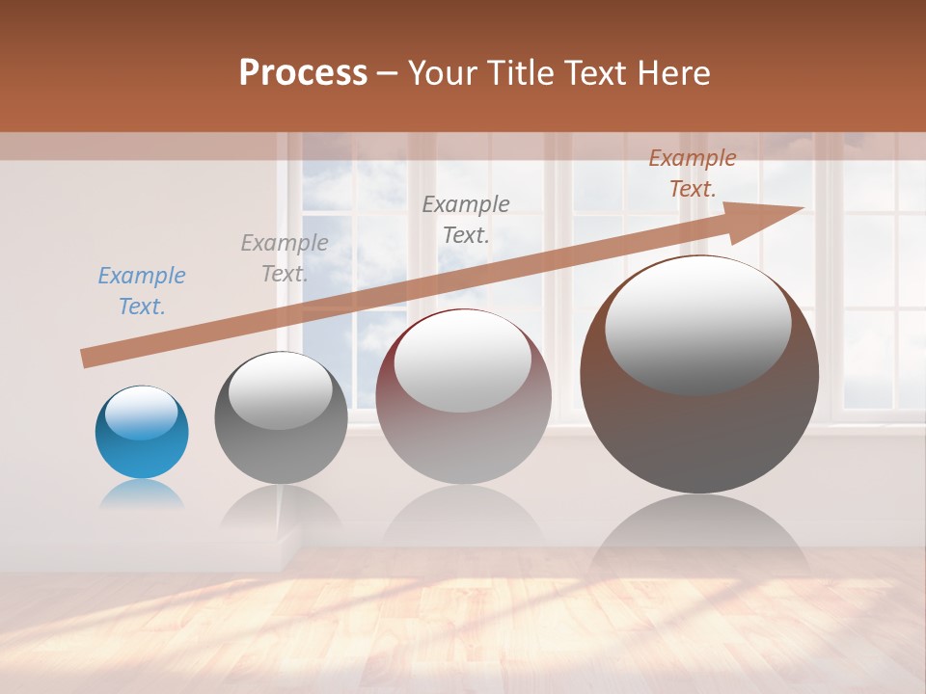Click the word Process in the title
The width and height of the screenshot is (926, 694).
[x=303, y=73]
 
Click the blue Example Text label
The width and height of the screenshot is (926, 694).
[x=142, y=291]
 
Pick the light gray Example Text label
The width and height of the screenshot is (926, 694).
[x=285, y=258]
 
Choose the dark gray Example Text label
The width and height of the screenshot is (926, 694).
[x=466, y=219]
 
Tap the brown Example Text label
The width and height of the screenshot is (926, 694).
[x=693, y=173]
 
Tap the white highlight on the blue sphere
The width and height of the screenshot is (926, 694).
[x=142, y=413]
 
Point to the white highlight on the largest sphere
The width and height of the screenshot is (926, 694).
[x=697, y=325]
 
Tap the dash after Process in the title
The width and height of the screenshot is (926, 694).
[x=388, y=73]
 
